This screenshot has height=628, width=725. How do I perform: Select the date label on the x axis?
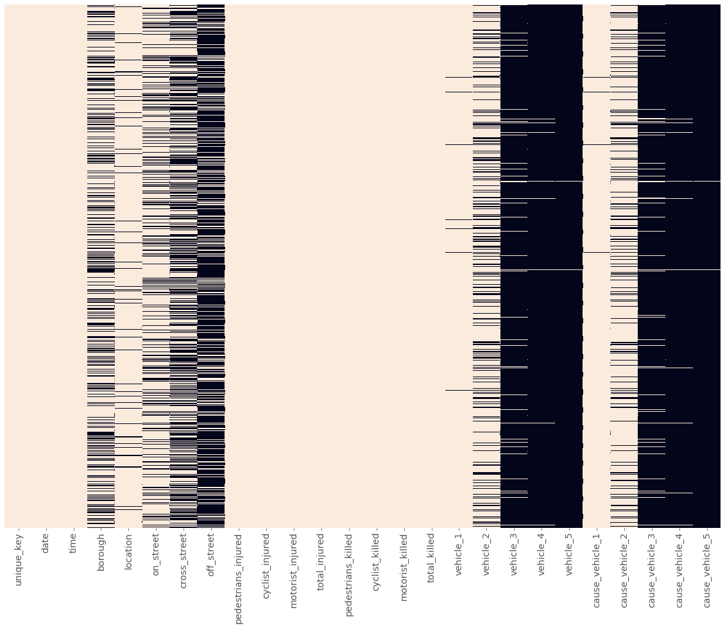pyautogui.click(x=46, y=543)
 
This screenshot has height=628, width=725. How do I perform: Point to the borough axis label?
pyautogui.click(x=101, y=550)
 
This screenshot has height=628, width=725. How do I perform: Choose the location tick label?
pyautogui.click(x=128, y=550)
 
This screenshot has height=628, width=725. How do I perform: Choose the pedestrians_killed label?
pyautogui.click(x=349, y=573)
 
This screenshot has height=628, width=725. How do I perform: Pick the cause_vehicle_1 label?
pyautogui.click(x=597, y=567)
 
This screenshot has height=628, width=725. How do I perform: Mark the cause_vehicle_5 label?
pyautogui.click(x=708, y=567)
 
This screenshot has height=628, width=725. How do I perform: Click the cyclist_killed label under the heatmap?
pyautogui.click(x=377, y=562)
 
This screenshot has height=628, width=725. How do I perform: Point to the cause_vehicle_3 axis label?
pyautogui.click(x=652, y=567)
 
